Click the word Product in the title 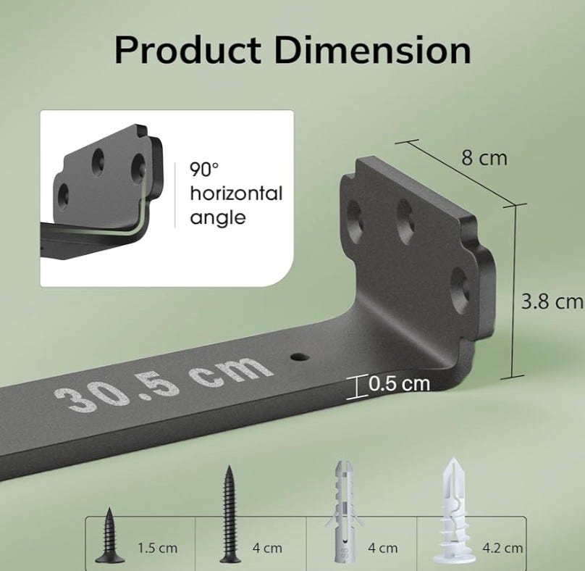pos(188,51)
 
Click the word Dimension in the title pos(373,51)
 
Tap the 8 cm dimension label pos(484,157)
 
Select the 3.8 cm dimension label pos(552,301)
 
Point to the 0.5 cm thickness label pos(399,383)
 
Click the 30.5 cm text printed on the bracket pos(163,383)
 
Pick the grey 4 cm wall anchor pos(343,512)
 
